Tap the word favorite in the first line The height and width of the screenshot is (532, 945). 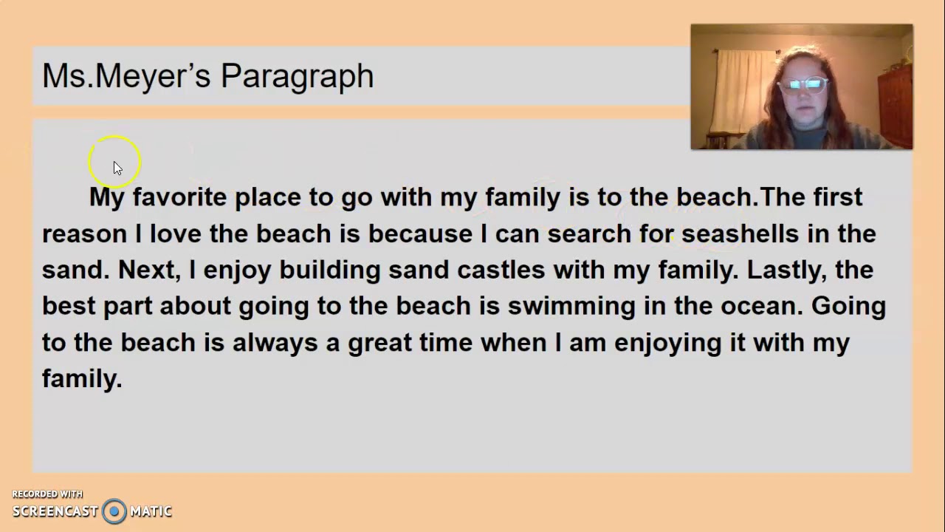pyautogui.click(x=179, y=197)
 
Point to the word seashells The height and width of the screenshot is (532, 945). pyautogui.click(x=740, y=233)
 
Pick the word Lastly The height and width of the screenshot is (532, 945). pyautogui.click(x=786, y=270)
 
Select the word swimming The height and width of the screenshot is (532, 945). pyautogui.click(x=571, y=306)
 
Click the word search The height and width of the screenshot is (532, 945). pyautogui.click(x=589, y=233)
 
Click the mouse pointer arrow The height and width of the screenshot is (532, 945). pyautogui.click(x=117, y=168)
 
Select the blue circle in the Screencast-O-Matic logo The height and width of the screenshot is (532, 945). pyautogui.click(x=114, y=511)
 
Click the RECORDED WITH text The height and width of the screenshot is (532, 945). pyautogui.click(x=47, y=494)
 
